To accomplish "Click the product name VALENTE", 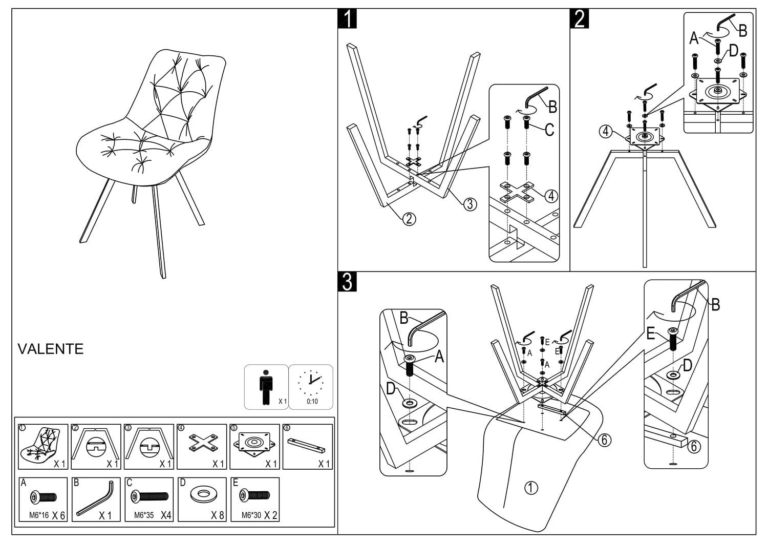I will pyautogui.click(x=50, y=349).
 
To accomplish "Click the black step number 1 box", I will pyautogui.click(x=347, y=19).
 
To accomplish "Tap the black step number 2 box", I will pyautogui.click(x=580, y=19).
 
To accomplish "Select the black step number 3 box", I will pyautogui.click(x=347, y=282).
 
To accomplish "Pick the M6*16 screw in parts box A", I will pyautogui.click(x=44, y=497).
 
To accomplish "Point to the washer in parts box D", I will pyautogui.click(x=201, y=495).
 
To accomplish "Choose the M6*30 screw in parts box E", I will pyautogui.click(x=254, y=496).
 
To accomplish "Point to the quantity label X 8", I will pyautogui.click(x=218, y=515).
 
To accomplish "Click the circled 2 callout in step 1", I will pyautogui.click(x=409, y=219).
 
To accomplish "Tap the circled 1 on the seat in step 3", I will pyautogui.click(x=531, y=488).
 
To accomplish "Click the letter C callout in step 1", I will pyautogui.click(x=549, y=130).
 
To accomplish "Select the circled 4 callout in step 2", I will pyautogui.click(x=606, y=132).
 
